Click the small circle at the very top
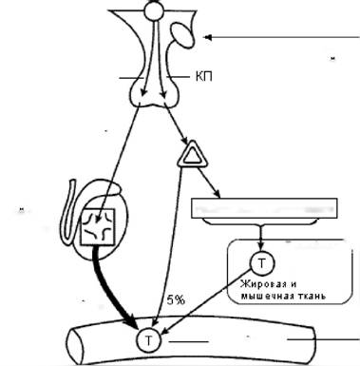[154, 11]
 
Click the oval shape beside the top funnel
[181, 35]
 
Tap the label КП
[204, 77]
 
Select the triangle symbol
[192, 154]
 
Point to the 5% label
[176, 299]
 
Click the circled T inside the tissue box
[262, 263]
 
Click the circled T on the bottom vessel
[149, 340]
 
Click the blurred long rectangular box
[264, 208]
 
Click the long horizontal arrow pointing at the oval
[282, 37]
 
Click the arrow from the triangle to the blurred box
[209, 182]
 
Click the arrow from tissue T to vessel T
[207, 301]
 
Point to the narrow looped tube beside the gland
[68, 214]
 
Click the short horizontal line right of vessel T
[188, 342]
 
